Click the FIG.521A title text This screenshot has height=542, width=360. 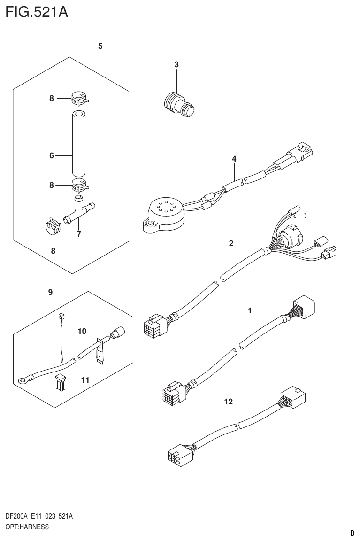tap(37, 12)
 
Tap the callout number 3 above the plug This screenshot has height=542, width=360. tap(176, 65)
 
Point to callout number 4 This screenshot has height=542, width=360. tap(234, 159)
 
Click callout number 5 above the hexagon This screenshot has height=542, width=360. tap(100, 46)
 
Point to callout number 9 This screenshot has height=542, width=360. tap(50, 292)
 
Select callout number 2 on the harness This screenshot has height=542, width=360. tap(231, 243)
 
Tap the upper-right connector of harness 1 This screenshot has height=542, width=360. tap(303, 308)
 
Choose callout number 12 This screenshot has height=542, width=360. tap(228, 402)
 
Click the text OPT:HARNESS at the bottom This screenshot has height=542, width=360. tap(27, 527)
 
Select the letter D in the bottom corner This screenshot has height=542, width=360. tap(352, 534)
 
